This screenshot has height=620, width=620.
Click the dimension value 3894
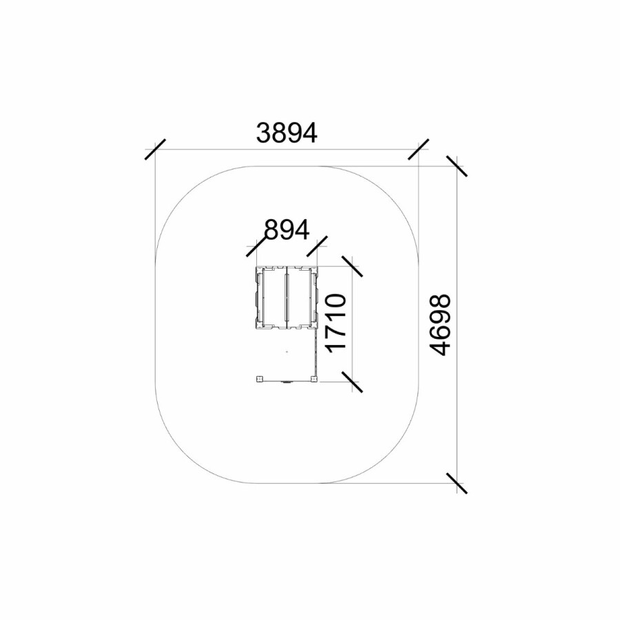[287, 133]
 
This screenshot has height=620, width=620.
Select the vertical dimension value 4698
[440, 324]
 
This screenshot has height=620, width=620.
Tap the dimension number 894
[287, 229]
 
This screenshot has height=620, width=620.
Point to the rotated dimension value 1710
[335, 322]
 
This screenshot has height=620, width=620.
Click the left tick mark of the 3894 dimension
[156, 149]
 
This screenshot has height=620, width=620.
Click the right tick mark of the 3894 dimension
[418, 149]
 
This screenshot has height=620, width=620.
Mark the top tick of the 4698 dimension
[457, 166]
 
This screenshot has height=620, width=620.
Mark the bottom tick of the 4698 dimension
[457, 483]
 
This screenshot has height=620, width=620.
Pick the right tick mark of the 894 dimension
[317, 247]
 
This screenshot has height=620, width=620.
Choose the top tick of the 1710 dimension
[352, 266]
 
